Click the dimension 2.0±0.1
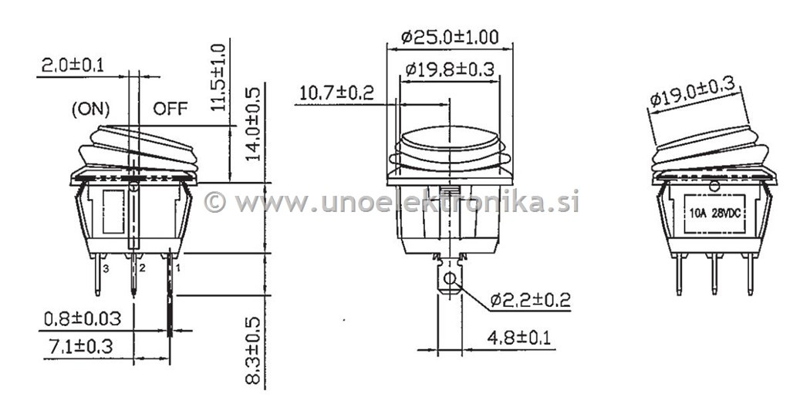[73, 66]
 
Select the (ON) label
[91, 109]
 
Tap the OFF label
[170, 108]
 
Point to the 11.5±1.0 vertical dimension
[218, 78]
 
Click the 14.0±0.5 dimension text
[253, 124]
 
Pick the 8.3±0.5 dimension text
[253, 351]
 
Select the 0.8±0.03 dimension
[83, 318]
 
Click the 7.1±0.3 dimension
[80, 346]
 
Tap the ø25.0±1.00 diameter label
[450, 37]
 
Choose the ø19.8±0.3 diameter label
[450, 69]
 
